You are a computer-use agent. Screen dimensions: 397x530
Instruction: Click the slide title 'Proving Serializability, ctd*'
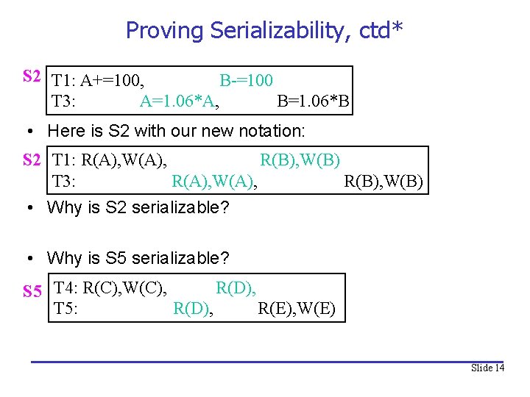264,30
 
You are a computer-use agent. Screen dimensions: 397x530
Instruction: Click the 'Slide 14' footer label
487,368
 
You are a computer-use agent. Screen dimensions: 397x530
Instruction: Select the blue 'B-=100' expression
246,80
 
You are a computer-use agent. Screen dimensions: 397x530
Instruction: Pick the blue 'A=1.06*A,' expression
179,101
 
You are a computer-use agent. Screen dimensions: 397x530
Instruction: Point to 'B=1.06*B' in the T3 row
313,101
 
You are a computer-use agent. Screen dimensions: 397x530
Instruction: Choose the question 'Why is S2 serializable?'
138,207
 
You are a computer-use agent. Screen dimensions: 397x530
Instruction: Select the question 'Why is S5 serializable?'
138,258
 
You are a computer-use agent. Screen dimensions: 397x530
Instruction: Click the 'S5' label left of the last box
32,292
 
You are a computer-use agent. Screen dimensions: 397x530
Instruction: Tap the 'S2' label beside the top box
32,76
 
